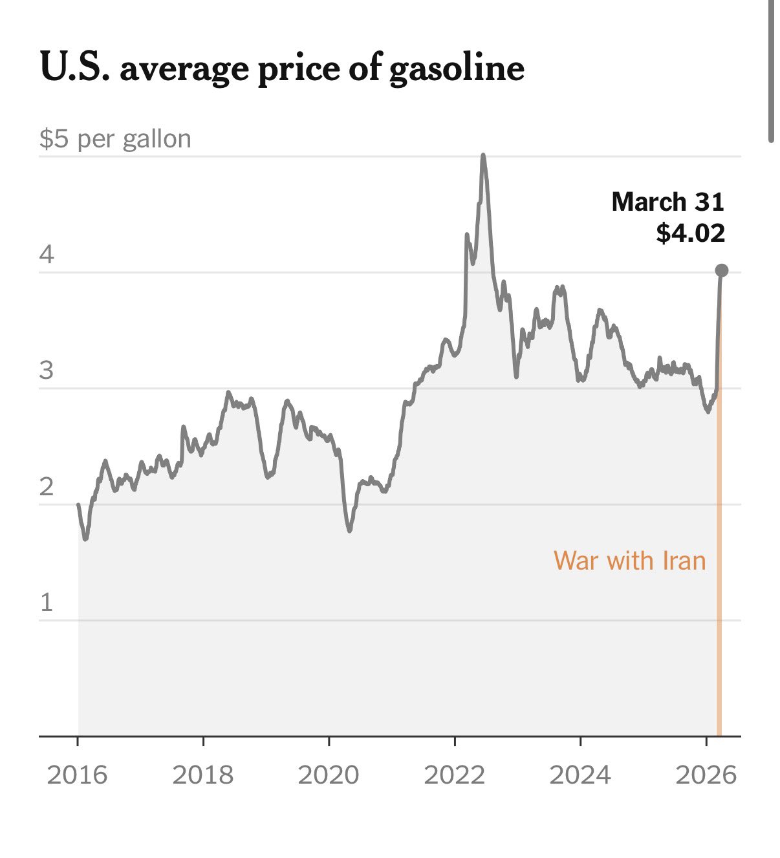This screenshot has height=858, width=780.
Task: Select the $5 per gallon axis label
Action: [115, 139]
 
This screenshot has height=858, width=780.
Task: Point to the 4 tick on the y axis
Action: [47, 255]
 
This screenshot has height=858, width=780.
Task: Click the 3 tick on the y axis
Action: [47, 370]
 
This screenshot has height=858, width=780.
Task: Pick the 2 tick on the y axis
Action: [47, 486]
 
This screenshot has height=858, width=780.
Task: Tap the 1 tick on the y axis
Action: [47, 603]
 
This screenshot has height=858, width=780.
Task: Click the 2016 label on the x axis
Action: [77, 774]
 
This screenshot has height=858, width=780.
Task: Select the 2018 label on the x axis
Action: [202, 774]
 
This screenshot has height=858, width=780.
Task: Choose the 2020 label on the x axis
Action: [328, 774]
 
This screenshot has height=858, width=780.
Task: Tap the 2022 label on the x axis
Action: [454, 774]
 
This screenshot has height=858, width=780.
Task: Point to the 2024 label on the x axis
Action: [580, 774]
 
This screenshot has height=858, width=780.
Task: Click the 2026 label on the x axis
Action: [706, 774]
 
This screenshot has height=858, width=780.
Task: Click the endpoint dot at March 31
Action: [722, 270]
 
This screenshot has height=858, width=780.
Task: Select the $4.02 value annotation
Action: [690, 233]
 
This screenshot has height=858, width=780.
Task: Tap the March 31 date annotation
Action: [667, 202]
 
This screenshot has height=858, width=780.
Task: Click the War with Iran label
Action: [629, 561]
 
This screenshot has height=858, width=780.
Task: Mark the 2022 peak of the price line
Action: [483, 156]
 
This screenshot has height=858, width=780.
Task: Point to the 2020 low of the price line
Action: [350, 530]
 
